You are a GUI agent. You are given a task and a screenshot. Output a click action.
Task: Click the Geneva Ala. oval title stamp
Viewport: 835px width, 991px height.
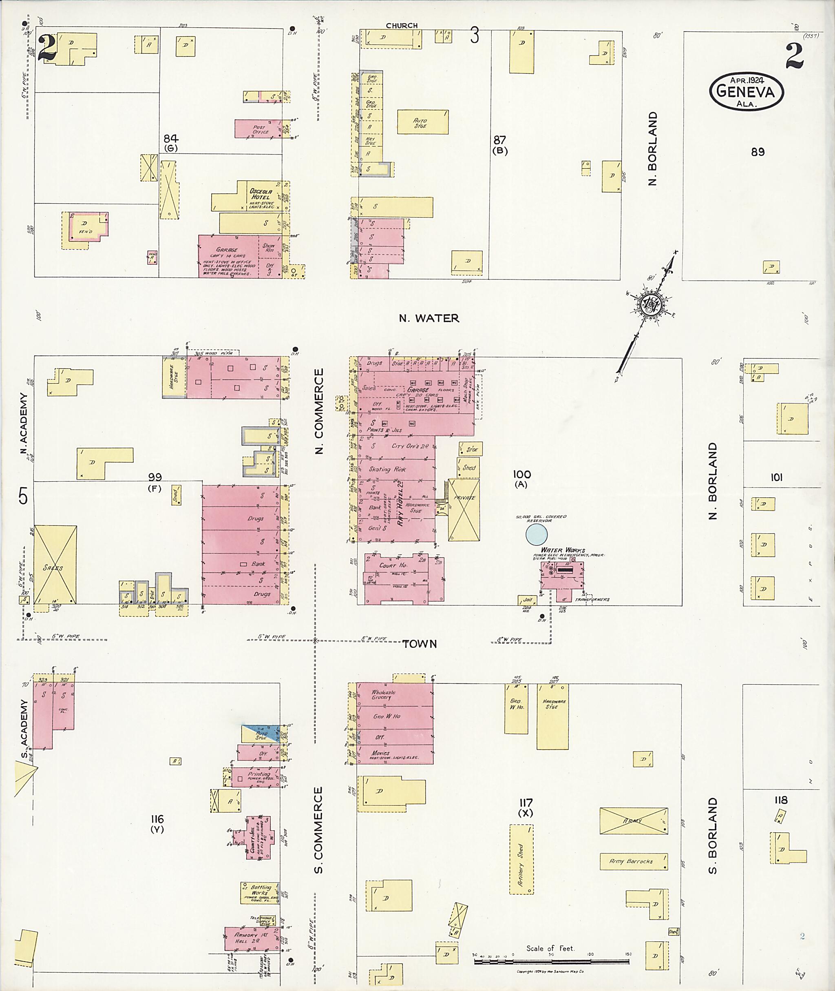click(746, 92)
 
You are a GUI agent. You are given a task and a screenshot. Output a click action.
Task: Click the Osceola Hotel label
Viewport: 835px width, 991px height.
click(261, 194)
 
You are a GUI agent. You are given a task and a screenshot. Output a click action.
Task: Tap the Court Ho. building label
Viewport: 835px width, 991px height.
click(393, 565)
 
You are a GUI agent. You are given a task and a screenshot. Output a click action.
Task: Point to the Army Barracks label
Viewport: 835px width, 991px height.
click(633, 861)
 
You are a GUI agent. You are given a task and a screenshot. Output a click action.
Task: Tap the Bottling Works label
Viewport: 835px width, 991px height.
click(260, 890)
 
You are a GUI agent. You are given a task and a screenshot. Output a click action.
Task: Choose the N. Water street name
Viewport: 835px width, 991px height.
click(429, 318)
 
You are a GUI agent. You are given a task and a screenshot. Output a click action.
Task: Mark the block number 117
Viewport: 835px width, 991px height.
click(526, 803)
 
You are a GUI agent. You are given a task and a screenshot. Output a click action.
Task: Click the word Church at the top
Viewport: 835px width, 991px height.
click(402, 26)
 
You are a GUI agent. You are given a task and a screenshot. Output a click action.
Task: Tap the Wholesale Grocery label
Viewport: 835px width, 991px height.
click(383, 694)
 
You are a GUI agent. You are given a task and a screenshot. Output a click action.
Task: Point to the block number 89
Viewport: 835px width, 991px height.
click(758, 152)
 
